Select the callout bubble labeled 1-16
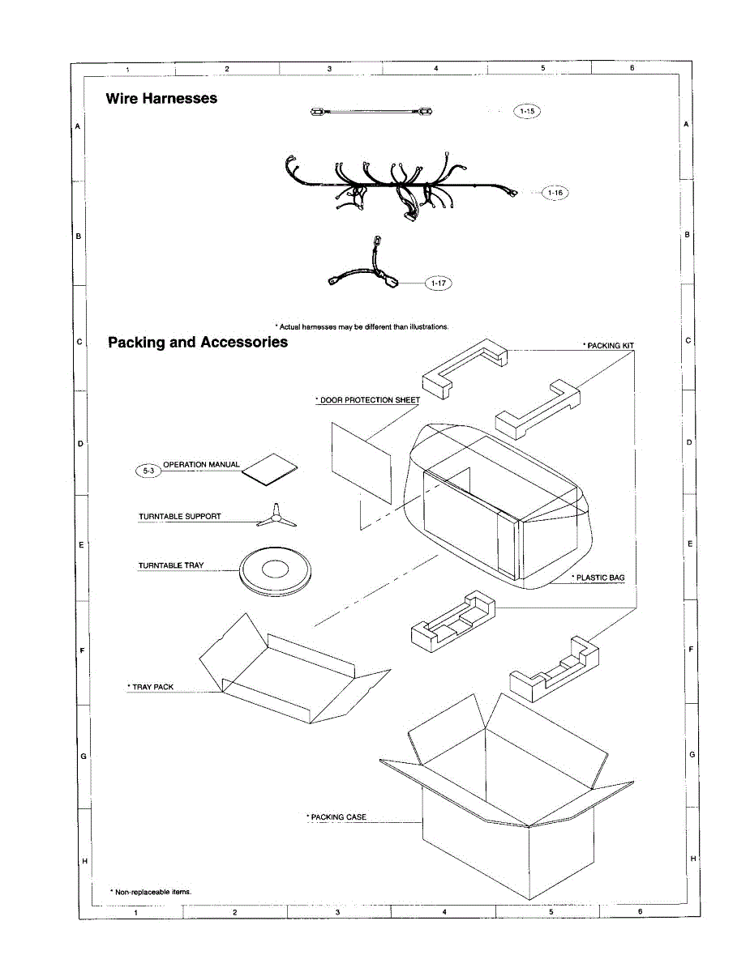click(555, 193)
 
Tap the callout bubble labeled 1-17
click(439, 283)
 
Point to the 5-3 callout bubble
click(148, 471)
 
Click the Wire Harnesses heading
click(161, 98)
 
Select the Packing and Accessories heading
click(198, 342)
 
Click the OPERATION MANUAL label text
click(202, 464)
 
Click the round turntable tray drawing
click(274, 571)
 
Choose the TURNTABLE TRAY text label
click(171, 565)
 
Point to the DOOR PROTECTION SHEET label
click(367, 400)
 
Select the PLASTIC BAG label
click(598, 578)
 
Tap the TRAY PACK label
click(151, 687)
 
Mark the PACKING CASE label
click(336, 817)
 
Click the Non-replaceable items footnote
click(151, 891)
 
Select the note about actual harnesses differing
click(362, 326)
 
